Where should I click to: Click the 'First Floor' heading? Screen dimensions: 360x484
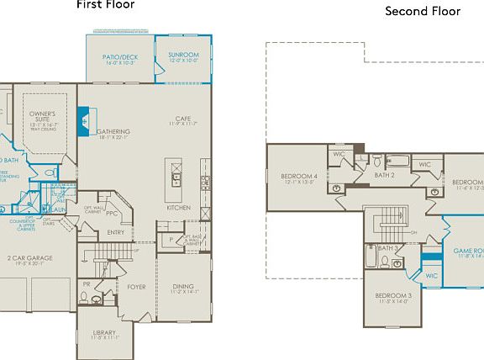pyautogui.click(x=105, y=4)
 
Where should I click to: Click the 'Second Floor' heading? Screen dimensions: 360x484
pyautogui.click(x=423, y=11)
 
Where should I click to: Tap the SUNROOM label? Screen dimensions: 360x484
pyautogui.click(x=183, y=55)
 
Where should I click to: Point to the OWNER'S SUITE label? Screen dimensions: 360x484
pyautogui.click(x=43, y=115)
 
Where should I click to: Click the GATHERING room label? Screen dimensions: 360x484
pyautogui.click(x=113, y=132)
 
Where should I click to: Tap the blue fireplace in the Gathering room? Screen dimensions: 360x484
pyautogui.click(x=84, y=123)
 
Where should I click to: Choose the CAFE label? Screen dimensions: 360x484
pyautogui.click(x=183, y=119)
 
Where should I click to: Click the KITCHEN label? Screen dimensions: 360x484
pyautogui.click(x=178, y=208)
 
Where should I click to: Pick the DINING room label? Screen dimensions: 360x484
pyautogui.click(x=182, y=287)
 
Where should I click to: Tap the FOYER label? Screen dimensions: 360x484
pyautogui.click(x=137, y=287)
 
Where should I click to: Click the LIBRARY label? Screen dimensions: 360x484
pyautogui.click(x=105, y=333)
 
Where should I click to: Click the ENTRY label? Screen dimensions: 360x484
pyautogui.click(x=116, y=233)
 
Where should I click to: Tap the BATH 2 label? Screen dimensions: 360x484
pyautogui.click(x=385, y=176)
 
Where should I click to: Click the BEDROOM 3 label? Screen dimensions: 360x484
pyautogui.click(x=393, y=296)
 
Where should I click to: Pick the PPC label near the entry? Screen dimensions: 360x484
pyautogui.click(x=112, y=213)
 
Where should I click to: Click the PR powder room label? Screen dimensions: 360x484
pyautogui.click(x=87, y=285)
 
